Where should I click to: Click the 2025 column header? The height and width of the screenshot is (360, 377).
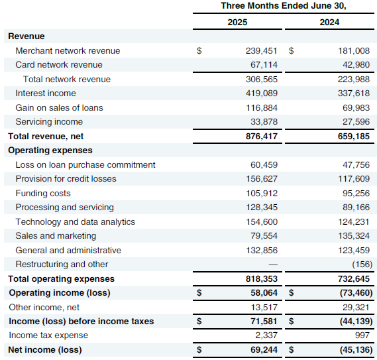point(237,22)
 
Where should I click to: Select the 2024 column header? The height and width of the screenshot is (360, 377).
point(329,22)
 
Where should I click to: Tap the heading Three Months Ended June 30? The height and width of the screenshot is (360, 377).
point(284,6)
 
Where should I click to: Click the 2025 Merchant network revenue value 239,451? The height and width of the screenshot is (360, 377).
point(261,51)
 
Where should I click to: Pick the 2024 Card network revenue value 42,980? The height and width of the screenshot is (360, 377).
point(356,65)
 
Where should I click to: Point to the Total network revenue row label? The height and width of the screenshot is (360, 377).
point(67,79)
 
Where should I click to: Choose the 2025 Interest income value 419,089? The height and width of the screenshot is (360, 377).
point(262,93)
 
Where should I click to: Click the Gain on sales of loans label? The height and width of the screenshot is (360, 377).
point(59,107)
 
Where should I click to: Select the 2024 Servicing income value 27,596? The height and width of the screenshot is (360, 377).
point(356,122)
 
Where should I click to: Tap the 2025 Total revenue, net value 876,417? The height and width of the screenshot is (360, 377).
point(262,136)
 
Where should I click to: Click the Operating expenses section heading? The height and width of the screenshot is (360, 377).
point(50,150)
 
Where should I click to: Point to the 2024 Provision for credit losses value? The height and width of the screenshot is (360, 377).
point(354,179)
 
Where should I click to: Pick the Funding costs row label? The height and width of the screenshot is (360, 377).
point(43,193)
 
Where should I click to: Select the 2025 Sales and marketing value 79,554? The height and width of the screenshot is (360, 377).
point(264,236)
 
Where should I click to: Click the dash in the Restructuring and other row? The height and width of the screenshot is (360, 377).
point(273,265)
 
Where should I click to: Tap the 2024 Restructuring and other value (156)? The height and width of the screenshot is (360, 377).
point(362,265)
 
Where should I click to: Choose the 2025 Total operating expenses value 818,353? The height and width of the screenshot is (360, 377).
point(262,278)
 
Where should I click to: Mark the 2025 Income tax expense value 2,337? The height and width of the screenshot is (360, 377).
point(266,335)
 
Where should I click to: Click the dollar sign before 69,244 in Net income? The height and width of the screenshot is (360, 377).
point(199,349)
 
